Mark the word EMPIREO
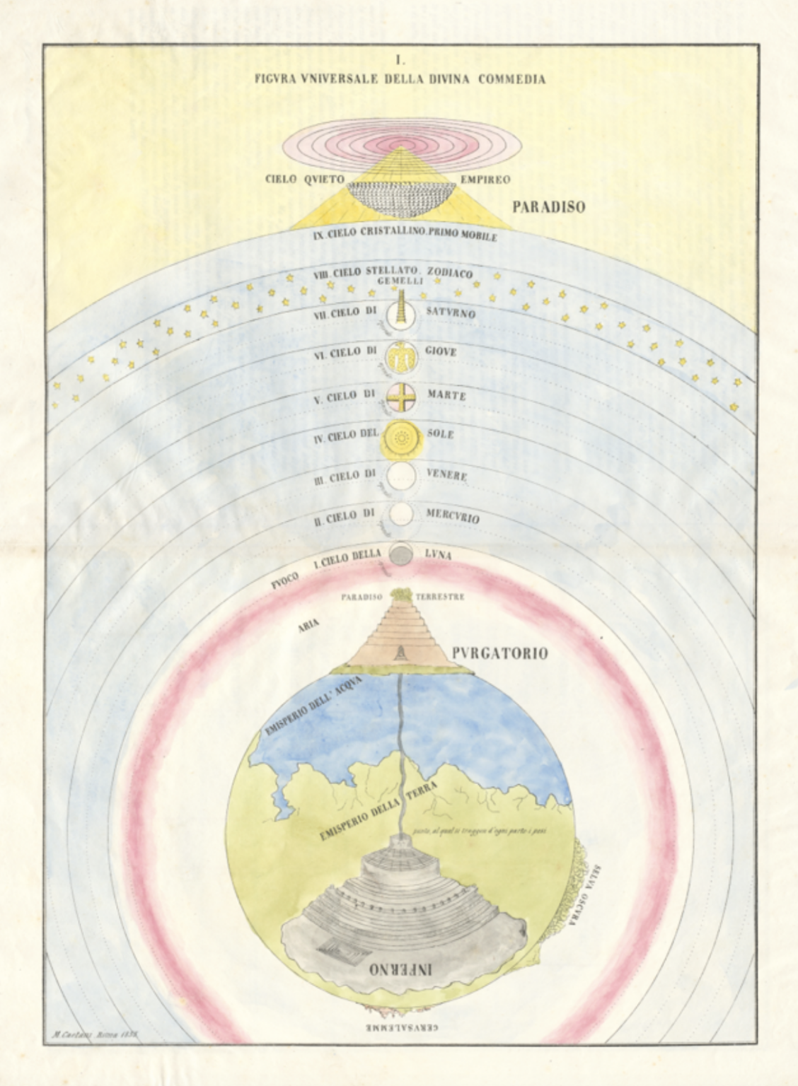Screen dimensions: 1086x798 [485, 180]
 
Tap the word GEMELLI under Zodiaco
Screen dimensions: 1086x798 [400, 281]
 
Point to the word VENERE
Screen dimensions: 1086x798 [446, 475]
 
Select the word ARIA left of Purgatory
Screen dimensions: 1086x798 [309, 623]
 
